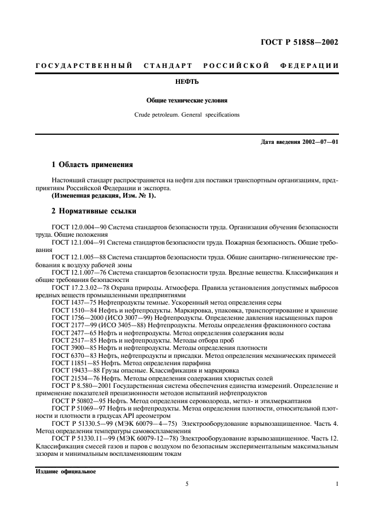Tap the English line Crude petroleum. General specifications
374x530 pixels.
pyautogui.click(x=187, y=114)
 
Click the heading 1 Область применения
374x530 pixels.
pyautogui.click(x=92, y=165)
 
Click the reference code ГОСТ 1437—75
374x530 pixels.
pyautogui.click(x=73, y=303)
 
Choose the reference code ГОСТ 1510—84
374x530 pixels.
pyautogui.click(x=73, y=310)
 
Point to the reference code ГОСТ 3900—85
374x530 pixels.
pyautogui.click(x=73, y=348)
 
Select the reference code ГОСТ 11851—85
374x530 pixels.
pyautogui.click(x=75, y=362)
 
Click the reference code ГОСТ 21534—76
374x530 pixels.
pyautogui.click(x=75, y=378)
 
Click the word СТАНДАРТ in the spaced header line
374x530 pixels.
pyautogui.click(x=168, y=66)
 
